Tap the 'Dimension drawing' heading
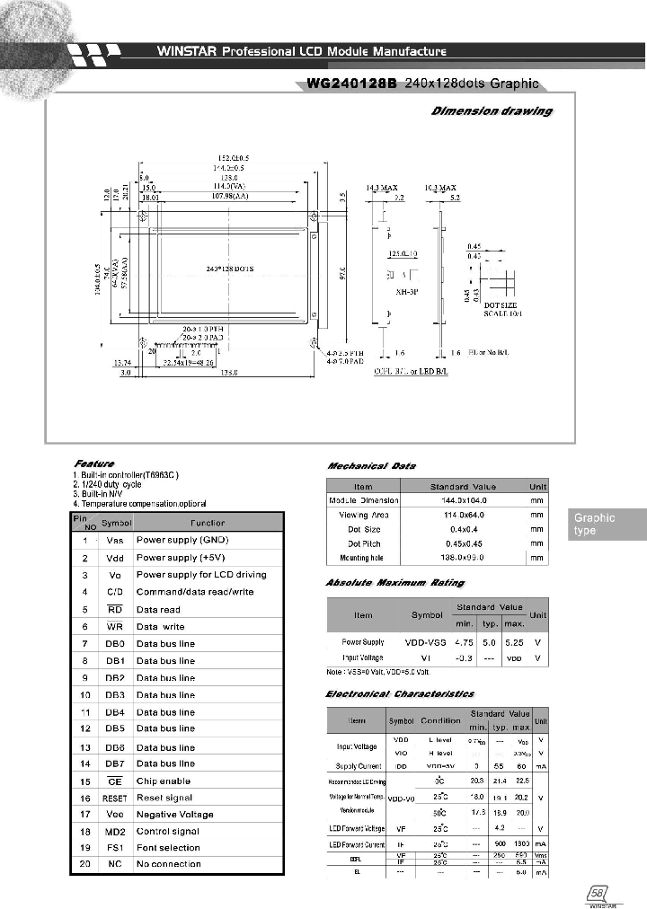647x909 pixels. [x=492, y=111]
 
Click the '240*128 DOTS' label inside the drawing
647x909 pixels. [x=230, y=269]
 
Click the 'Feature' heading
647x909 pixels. [x=93, y=463]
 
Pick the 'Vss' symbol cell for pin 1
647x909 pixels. [x=115, y=541]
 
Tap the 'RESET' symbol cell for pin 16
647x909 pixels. [x=115, y=798]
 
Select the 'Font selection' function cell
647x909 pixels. [x=168, y=847]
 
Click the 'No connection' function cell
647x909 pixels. [x=168, y=864]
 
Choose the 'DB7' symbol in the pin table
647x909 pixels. [x=115, y=763]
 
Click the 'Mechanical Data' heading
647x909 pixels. [x=371, y=466]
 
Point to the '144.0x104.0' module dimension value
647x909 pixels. [x=463, y=500]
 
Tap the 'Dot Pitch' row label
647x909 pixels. [x=364, y=543]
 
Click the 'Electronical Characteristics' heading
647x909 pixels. [x=399, y=693]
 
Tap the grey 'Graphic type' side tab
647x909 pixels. [x=608, y=525]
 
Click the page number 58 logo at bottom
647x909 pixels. [x=596, y=896]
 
